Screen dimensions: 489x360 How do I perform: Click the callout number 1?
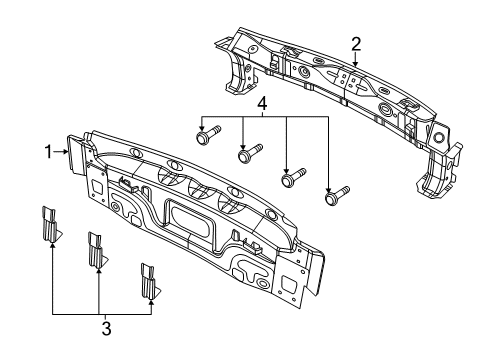pos(49,152)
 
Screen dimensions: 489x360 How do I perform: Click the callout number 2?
pos(356,44)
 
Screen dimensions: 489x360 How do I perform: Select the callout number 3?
pos(106,329)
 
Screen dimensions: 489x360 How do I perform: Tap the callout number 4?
pos(262,104)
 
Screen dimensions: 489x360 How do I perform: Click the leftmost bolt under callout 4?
pos(208,135)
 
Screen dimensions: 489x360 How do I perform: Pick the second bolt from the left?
pos(250,153)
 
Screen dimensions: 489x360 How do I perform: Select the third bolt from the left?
pos(293,177)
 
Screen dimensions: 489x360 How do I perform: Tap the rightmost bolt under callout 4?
pos(337,195)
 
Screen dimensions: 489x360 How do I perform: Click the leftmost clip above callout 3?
pos(51,224)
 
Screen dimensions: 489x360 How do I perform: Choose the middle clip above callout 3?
pos(97,250)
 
